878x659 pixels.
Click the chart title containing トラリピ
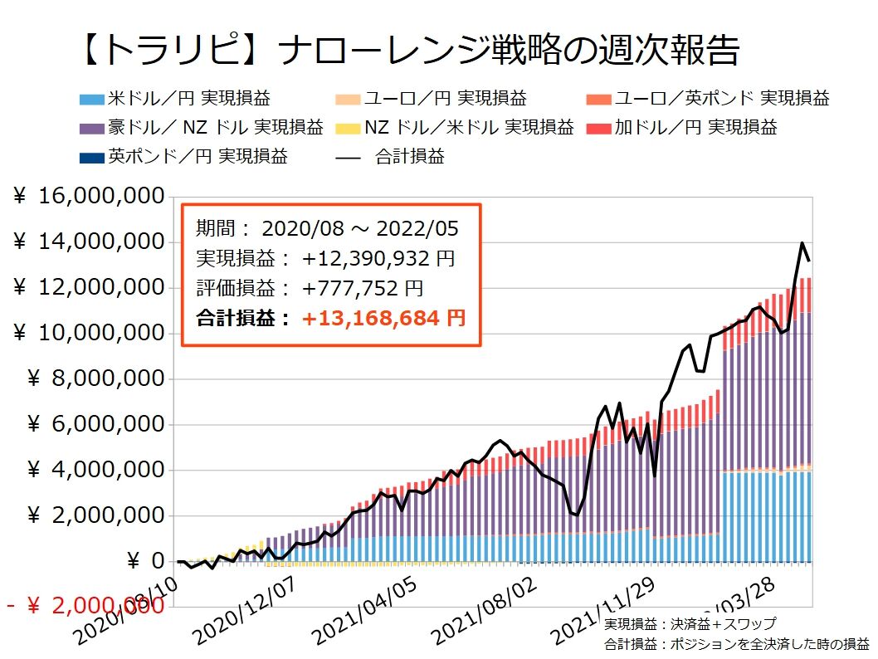(407, 52)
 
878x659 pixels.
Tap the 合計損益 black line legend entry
(391, 155)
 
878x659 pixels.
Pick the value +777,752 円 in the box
(363, 288)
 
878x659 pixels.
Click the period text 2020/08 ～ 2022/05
(359, 228)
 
